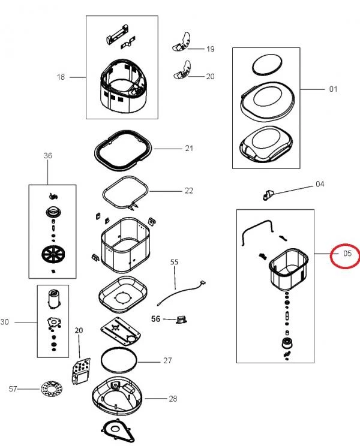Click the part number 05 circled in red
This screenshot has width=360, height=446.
point(346,254)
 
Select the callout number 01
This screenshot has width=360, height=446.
point(333,89)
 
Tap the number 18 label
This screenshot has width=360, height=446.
point(61,77)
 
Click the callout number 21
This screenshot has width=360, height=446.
point(189,147)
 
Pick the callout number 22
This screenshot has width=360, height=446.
point(189,191)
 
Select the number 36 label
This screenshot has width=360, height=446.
point(48,156)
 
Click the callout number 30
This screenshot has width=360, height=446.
point(5,322)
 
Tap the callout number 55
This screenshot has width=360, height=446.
point(175,263)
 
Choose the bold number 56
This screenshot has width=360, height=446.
point(155,319)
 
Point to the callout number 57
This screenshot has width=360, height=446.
point(13,389)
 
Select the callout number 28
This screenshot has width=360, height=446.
point(173,398)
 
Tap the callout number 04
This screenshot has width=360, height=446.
point(320,184)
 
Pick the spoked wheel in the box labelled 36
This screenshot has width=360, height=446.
point(52,255)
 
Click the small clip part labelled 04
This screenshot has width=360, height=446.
point(267,194)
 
